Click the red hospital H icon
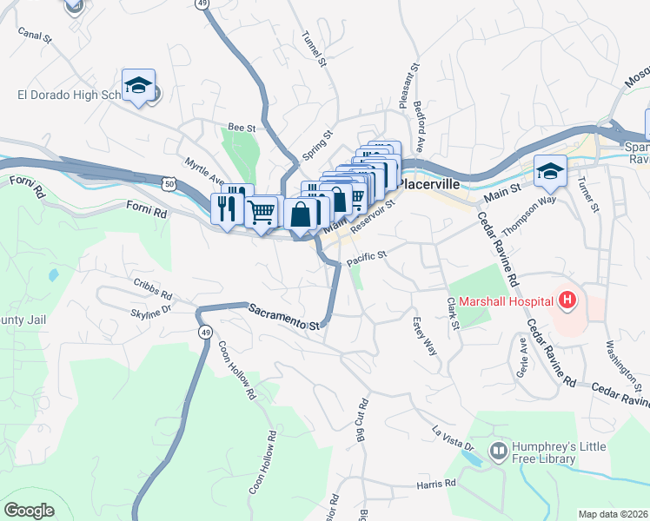click(x=567, y=301)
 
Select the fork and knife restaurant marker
click(x=225, y=208)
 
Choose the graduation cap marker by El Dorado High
click(x=138, y=84)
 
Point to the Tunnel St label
click(x=314, y=50)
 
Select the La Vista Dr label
click(x=454, y=438)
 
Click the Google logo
click(x=29, y=511)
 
